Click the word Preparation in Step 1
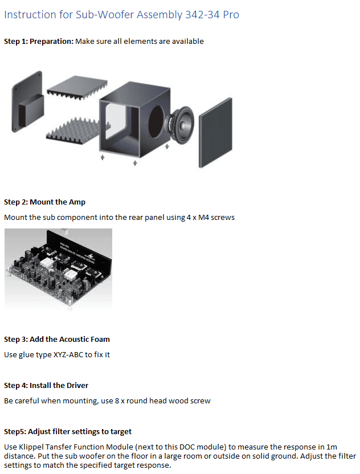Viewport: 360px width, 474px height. [51, 42]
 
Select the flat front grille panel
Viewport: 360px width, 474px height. [215, 132]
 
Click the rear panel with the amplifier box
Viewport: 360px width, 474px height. [27, 102]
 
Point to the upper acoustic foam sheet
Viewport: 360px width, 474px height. [77, 87]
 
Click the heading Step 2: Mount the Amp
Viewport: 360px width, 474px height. [45, 202]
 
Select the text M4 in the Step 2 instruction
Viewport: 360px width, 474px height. [203, 218]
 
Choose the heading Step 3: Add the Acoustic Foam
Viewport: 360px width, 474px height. [57, 339]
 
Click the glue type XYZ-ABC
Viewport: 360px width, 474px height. [68, 354]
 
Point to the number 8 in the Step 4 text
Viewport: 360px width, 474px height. [117, 401]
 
